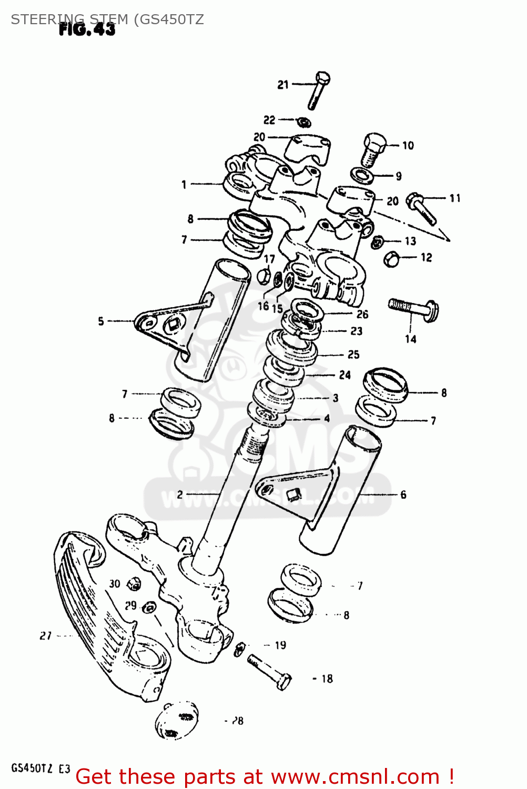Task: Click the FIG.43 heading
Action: [x=87, y=29]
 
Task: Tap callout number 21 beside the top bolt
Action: [x=283, y=84]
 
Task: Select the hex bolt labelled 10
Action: [x=373, y=147]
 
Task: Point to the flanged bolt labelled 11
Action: [x=422, y=208]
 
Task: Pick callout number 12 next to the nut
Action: [x=426, y=257]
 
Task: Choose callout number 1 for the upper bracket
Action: [x=184, y=185]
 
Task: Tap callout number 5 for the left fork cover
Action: [x=101, y=321]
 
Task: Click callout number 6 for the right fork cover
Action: [x=403, y=494]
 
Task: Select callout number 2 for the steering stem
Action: [x=180, y=494]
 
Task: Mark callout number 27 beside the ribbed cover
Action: [x=46, y=636]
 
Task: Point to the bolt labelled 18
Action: [x=269, y=671]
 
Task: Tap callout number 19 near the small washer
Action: [x=280, y=645]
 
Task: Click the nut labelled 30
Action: [x=135, y=584]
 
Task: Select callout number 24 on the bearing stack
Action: [x=344, y=375]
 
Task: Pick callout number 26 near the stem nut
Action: [x=362, y=315]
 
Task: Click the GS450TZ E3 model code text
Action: [x=40, y=768]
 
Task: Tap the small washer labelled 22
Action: [x=303, y=123]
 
